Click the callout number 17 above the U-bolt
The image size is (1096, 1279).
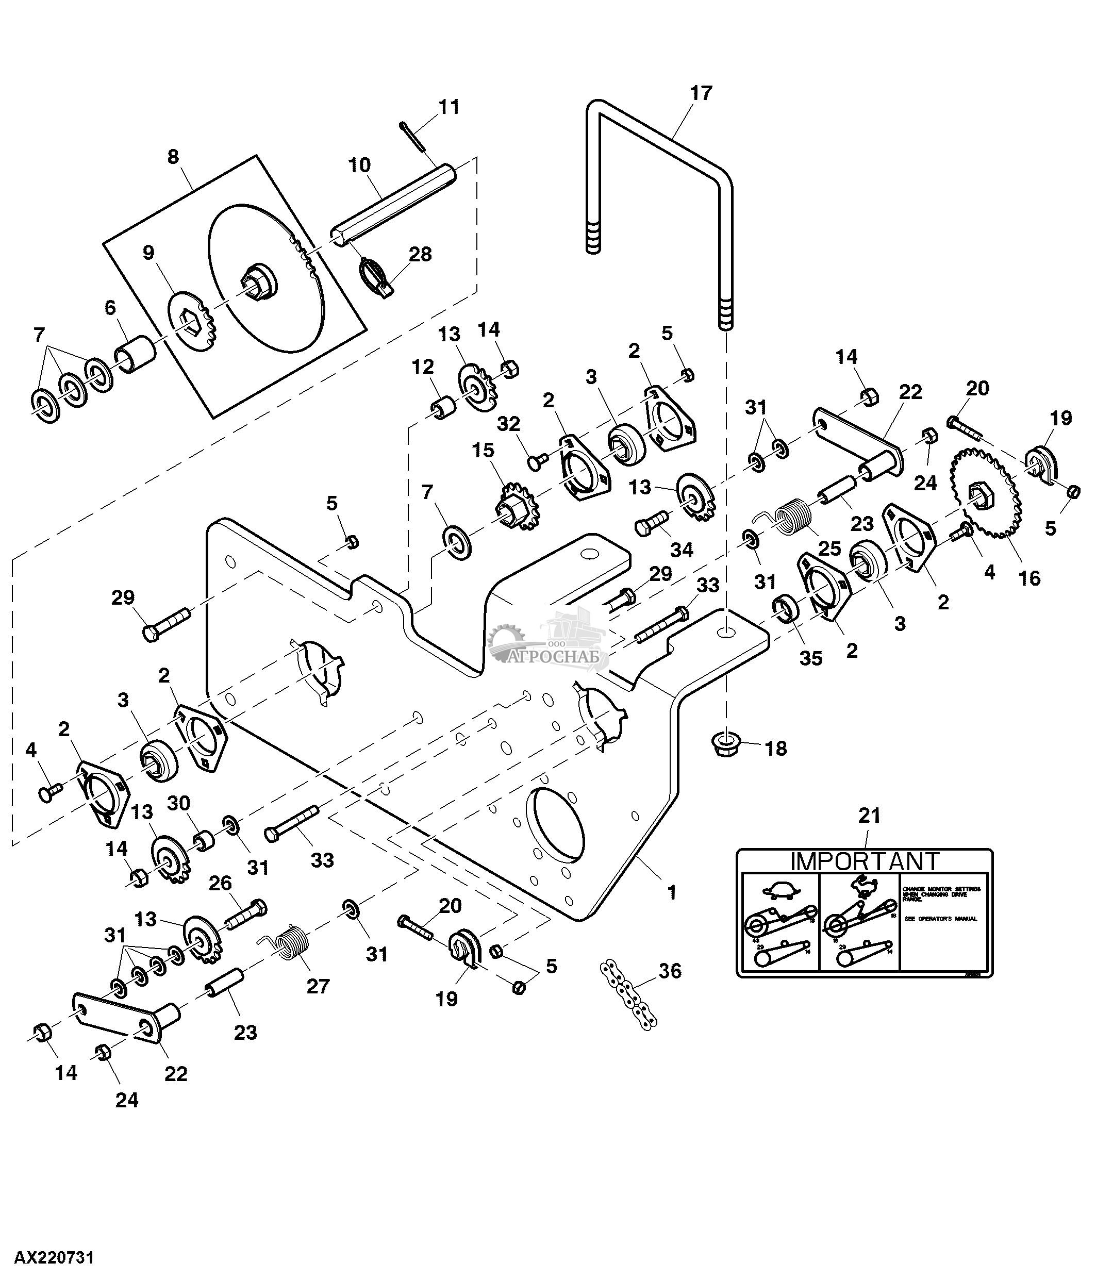coord(701,93)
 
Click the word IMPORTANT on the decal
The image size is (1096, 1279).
coord(864,861)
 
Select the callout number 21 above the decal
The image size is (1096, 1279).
coord(869,816)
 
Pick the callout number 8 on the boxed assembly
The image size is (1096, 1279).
coord(173,157)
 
